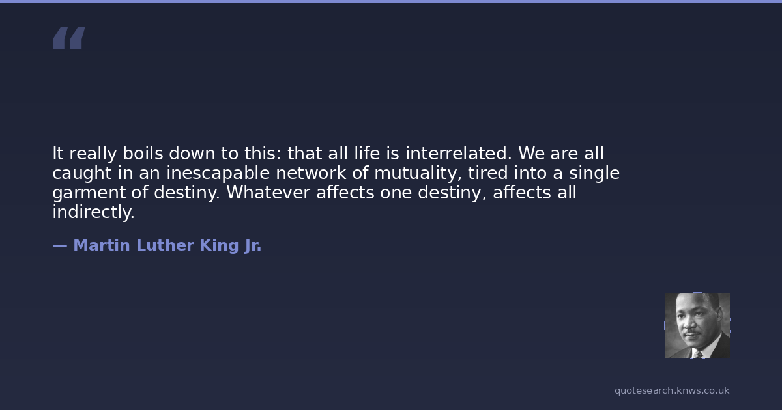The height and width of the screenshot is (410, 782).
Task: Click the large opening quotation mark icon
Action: (x=69, y=38)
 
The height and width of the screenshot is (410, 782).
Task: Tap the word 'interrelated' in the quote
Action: (x=458, y=154)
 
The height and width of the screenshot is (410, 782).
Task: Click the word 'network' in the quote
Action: (x=311, y=173)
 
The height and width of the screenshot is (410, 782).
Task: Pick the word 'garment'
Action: (x=89, y=193)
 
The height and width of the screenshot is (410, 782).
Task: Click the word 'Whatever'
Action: (x=268, y=193)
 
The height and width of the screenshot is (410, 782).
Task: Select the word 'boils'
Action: (x=143, y=154)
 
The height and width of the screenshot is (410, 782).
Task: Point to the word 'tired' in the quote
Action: (x=487, y=173)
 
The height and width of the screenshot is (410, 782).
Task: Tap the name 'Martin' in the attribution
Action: (x=102, y=245)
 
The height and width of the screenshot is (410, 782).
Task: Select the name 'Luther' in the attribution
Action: (x=165, y=245)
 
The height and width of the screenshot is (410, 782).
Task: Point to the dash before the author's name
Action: (x=60, y=246)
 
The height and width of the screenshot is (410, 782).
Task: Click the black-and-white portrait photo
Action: (x=697, y=325)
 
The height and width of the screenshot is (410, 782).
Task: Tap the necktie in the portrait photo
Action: (x=698, y=354)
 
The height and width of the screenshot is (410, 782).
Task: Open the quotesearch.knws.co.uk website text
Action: (x=672, y=391)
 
